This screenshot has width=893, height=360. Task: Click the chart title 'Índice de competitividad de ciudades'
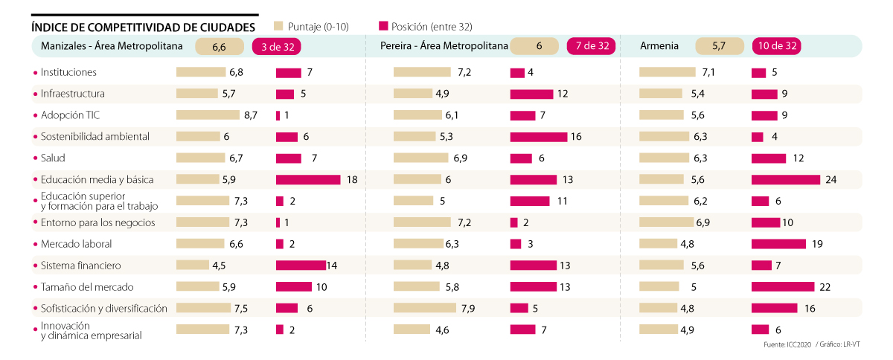(143, 27)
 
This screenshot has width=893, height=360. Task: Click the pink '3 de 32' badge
(277, 46)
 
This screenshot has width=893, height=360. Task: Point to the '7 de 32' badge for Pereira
(592, 46)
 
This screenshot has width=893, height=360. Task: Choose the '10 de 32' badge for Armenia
(778, 46)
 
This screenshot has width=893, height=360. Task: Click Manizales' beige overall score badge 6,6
(219, 46)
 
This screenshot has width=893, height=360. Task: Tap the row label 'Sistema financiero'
(80, 266)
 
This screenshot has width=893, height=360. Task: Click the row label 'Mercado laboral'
(76, 244)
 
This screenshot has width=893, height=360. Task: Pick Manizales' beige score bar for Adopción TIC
(208, 115)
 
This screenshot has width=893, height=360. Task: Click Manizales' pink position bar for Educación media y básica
(308, 179)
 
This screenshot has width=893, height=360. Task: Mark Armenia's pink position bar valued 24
(786, 179)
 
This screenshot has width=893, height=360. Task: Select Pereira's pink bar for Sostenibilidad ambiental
(538, 137)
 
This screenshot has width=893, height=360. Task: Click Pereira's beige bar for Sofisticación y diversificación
(424, 308)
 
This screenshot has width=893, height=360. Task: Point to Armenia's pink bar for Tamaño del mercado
(783, 287)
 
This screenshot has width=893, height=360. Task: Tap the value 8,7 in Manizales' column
(250, 115)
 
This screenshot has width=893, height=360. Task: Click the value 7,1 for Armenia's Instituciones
(708, 72)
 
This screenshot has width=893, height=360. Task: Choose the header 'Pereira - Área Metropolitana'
(444, 46)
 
